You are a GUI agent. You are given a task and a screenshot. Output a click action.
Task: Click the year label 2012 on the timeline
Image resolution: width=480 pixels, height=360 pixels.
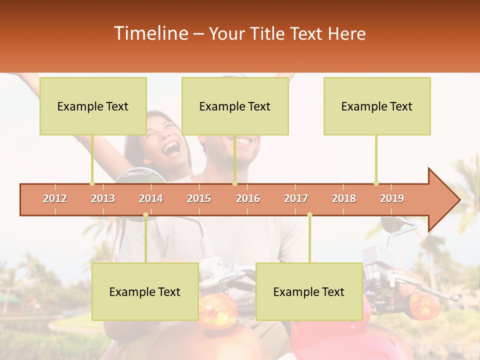55,198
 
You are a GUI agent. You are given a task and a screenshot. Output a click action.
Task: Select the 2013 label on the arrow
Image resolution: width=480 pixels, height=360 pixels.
103,198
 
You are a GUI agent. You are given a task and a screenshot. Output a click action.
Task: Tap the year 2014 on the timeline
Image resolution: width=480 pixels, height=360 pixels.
151,198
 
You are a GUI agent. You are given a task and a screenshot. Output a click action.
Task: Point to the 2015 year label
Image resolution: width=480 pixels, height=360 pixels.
199,198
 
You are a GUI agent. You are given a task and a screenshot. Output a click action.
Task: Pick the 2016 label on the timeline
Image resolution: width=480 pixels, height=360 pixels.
248,198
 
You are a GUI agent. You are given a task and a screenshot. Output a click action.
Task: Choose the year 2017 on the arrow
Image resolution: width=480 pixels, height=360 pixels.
296,198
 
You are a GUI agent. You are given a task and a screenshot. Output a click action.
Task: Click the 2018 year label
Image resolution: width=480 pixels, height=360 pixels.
344,198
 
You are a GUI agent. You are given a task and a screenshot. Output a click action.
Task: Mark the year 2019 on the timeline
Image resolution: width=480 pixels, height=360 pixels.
392,198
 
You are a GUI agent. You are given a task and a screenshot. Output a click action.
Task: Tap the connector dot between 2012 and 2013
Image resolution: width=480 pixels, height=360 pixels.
92,183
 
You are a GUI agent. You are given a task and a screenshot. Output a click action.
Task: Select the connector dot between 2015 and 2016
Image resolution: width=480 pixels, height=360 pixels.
234,183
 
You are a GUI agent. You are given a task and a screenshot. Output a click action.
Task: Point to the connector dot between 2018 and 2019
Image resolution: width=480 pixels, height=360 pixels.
376,183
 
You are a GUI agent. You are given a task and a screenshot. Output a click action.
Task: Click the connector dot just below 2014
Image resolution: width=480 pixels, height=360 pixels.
145,215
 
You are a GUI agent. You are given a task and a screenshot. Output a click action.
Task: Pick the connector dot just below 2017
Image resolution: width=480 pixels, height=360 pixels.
309,215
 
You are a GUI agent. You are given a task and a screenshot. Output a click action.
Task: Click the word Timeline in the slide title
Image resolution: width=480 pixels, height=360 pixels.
150,33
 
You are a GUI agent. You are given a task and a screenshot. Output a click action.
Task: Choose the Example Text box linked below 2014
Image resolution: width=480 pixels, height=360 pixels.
145,291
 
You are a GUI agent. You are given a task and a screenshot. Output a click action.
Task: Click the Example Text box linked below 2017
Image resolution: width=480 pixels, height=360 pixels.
309,291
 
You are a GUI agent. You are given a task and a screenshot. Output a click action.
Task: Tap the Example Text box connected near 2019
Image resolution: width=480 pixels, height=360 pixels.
377,106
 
